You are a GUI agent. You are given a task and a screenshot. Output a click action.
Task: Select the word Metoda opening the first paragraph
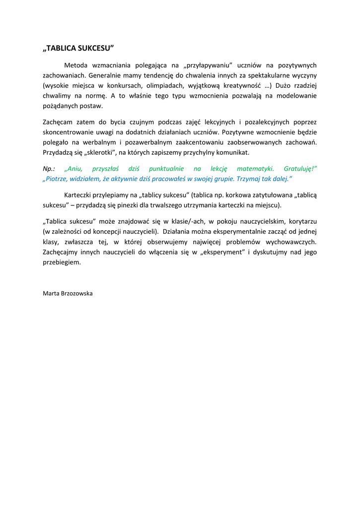coord(75,65)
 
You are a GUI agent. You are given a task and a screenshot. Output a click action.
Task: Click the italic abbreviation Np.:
coord(49,169)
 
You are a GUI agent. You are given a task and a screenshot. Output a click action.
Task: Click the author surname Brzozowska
coord(75,293)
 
